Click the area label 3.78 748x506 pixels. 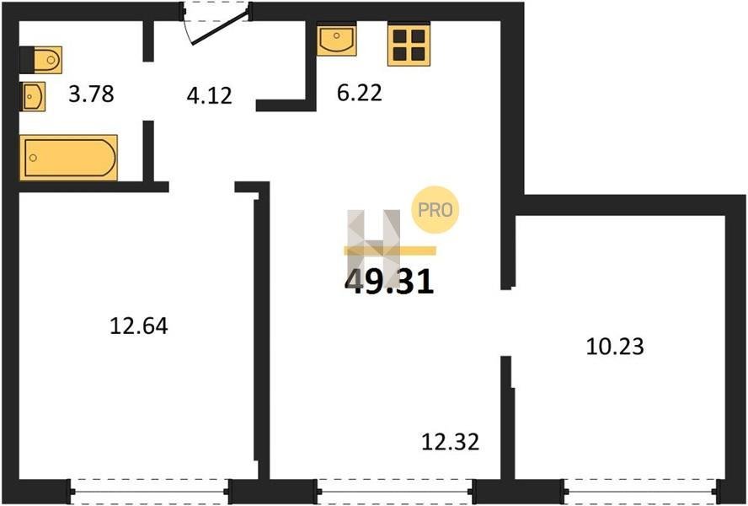coord(91,94)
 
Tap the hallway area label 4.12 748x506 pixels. coord(210,95)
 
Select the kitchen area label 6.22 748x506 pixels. coord(359,93)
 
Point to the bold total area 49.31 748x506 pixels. coord(389,282)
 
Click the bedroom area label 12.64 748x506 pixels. coord(139,326)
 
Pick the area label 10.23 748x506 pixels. coord(615,347)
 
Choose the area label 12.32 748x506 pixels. coord(451,442)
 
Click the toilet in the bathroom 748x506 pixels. coord(41,60)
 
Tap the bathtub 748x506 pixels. coord(69,158)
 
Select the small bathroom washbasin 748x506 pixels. coord(33,96)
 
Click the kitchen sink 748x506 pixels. coord(337,40)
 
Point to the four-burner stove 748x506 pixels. coord(409,45)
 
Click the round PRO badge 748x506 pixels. coord(435,209)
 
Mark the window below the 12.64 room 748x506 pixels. coord(150,491)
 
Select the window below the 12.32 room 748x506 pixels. coord(395,491)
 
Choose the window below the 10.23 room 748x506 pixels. coord(641,491)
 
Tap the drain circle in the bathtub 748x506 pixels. coord(33,158)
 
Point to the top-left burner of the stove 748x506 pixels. coord(400,36)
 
